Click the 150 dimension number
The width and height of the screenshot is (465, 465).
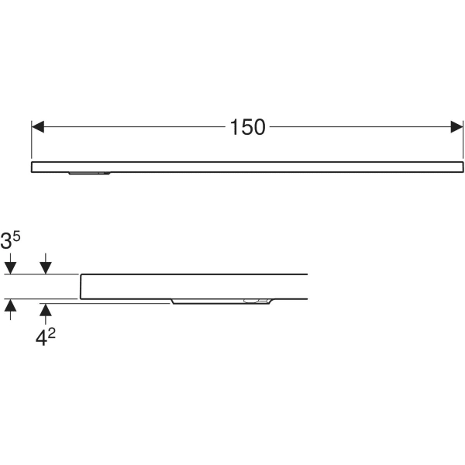click(248, 127)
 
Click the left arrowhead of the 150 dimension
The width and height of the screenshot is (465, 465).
click(38, 127)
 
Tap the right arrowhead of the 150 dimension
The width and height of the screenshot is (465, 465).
click(456, 127)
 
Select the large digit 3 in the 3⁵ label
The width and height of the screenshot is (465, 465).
click(5, 241)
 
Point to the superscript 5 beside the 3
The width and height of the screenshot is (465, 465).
click(16, 236)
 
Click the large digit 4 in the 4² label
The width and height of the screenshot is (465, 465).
click(41, 339)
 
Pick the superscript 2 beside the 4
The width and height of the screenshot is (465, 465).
click(52, 333)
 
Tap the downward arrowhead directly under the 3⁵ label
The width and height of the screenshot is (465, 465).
click(10, 268)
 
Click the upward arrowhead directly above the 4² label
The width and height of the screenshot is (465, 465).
click(46, 310)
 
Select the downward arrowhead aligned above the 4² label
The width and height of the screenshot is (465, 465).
click(46, 268)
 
